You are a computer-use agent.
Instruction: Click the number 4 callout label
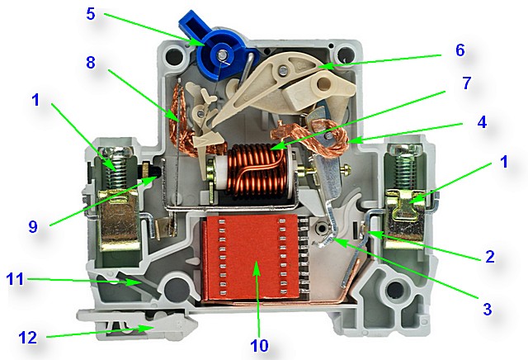coord(482,121)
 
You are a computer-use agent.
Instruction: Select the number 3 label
coord(487,310)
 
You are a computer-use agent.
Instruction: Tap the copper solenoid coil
coord(256,173)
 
